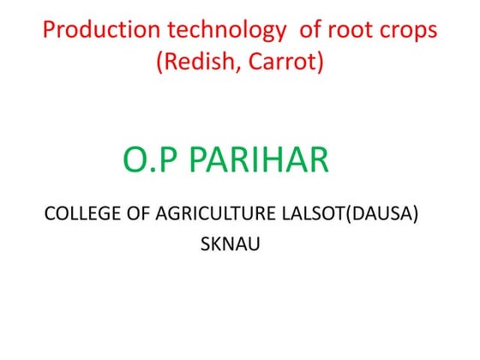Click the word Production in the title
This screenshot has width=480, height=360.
[97, 31]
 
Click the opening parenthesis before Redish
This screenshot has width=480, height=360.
[159, 63]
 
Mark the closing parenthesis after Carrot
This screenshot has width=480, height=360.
[320, 63]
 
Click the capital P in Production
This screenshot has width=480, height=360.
[49, 31]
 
